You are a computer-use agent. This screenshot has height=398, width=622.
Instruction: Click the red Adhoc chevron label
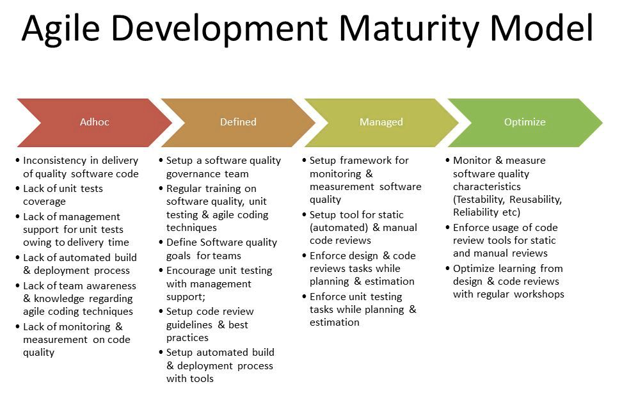coord(95,122)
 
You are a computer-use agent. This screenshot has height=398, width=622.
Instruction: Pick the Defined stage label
coord(238,122)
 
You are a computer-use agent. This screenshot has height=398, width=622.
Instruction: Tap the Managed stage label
coord(381,122)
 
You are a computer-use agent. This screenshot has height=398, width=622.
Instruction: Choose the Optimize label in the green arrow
coord(525,122)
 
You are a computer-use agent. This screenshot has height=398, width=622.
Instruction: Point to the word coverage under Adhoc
coord(44,202)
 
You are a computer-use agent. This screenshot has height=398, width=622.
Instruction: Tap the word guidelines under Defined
coord(189,325)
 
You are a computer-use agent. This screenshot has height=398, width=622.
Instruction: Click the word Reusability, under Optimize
coord(536,200)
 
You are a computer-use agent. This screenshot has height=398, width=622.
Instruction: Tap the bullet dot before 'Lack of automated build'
coord(17,257)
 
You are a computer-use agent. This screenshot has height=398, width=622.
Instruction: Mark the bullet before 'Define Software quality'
coord(161,242)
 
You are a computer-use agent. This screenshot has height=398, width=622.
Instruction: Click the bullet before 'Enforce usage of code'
coord(447,227)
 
